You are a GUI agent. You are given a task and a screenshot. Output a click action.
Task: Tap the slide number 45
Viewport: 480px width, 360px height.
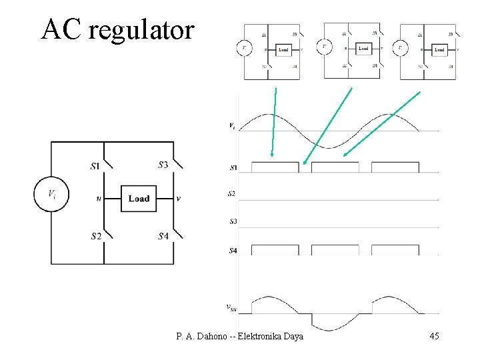click(433, 336)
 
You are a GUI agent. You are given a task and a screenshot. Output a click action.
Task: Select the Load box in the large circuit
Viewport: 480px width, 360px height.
click(139, 198)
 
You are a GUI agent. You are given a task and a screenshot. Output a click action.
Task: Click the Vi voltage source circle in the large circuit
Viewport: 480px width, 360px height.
click(51, 195)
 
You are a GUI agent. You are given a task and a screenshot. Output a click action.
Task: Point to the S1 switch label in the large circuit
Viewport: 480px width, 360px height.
click(95, 165)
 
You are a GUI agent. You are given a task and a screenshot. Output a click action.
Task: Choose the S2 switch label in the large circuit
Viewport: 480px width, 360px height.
click(95, 235)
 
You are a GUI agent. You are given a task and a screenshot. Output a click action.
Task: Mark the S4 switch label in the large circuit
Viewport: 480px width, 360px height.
click(163, 235)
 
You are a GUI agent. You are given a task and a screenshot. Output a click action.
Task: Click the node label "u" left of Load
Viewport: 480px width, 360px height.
click(98, 198)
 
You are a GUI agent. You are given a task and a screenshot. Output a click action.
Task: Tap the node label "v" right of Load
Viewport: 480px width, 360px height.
click(178, 198)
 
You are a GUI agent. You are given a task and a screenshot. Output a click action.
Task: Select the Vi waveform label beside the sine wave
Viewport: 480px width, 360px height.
click(231, 125)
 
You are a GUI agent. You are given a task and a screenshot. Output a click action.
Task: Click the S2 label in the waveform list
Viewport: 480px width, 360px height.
click(231, 193)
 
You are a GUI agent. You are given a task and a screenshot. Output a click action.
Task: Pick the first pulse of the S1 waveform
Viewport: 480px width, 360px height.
click(275, 167)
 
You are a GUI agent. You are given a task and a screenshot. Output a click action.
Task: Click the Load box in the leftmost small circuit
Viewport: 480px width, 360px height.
click(283, 50)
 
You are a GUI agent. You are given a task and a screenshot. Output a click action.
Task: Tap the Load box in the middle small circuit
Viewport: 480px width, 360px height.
click(363, 48)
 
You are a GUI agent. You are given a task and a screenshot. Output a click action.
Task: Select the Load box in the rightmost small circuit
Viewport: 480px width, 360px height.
click(439, 50)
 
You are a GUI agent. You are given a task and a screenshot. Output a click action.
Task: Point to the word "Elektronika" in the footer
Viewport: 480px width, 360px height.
click(260, 336)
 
